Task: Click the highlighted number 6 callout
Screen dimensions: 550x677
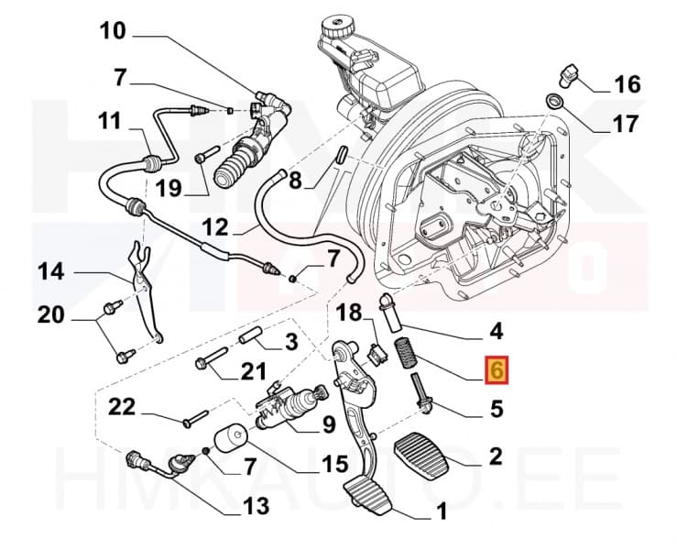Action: click(497, 370)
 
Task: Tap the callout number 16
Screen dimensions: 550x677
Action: click(627, 85)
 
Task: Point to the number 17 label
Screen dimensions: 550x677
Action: click(626, 123)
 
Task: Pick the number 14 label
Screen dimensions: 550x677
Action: click(53, 271)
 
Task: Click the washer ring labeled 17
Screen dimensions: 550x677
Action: click(555, 99)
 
